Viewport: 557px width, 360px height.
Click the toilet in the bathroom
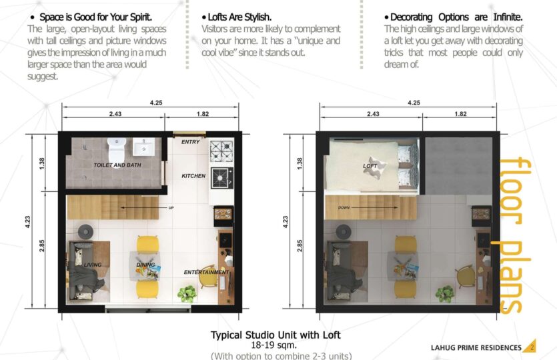(117, 149)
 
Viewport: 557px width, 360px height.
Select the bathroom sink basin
(143, 147)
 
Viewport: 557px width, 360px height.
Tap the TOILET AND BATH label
(117, 165)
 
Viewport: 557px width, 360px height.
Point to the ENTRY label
(190, 142)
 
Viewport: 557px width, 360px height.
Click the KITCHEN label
(193, 176)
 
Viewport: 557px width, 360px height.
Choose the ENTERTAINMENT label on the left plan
(206, 272)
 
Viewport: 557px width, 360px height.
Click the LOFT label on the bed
(370, 166)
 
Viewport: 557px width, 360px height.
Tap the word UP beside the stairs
(171, 208)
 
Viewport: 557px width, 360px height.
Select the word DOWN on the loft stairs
(344, 208)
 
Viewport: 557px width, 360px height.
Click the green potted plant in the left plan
(187, 294)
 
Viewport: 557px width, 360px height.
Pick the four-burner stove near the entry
(221, 151)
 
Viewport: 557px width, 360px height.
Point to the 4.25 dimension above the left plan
(156, 103)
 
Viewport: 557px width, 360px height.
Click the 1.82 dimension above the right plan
(460, 114)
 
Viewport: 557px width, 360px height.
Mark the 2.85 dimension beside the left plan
(42, 246)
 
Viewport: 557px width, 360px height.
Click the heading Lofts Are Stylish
(236, 17)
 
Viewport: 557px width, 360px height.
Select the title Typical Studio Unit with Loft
(275, 335)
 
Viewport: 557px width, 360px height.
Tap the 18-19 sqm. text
(274, 345)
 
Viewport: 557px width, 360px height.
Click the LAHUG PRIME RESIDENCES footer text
(476, 347)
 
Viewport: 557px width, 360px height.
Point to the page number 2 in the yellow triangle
(532, 347)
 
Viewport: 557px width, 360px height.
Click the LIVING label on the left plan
(93, 265)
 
